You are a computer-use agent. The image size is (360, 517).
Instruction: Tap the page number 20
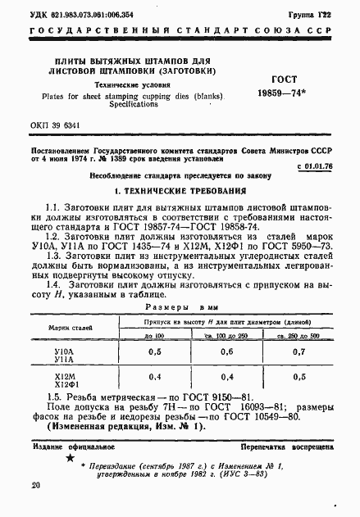(x=35, y=485)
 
